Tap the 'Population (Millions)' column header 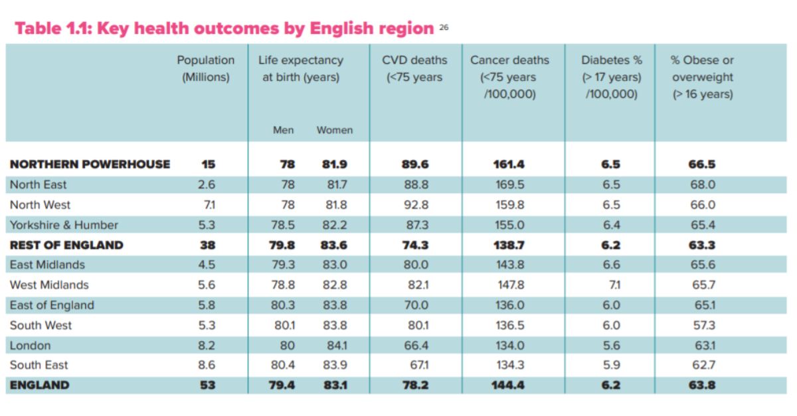point(206,68)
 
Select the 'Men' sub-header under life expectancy point(283,130)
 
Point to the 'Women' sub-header point(335,130)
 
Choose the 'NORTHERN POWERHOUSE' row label point(90,165)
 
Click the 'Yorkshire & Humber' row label point(64,225)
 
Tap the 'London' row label point(30,345)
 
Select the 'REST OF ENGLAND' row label point(66,245)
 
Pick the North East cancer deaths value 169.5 point(510,184)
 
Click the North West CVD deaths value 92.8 point(416,205)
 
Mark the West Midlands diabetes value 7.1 point(611,285)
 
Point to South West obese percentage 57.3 point(702,325)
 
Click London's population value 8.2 point(207,345)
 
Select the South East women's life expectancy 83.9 point(334,365)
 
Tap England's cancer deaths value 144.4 point(510,385)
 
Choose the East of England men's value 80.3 point(283,305)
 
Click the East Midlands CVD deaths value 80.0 point(416,265)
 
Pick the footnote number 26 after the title point(444,27)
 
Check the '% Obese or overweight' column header point(702,76)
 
